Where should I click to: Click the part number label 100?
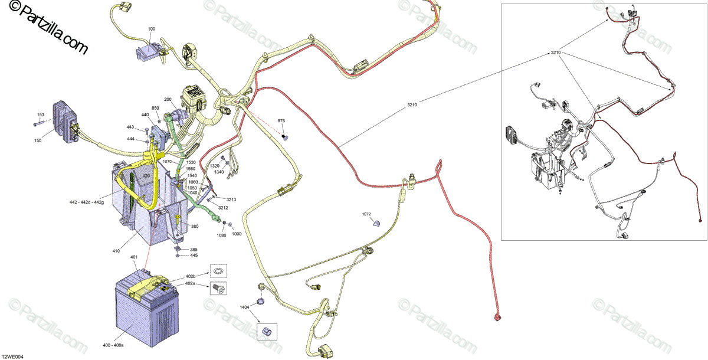tap(152, 28)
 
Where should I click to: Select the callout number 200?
tap(168, 99)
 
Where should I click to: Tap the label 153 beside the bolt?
tap(41, 114)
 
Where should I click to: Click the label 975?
tap(281, 120)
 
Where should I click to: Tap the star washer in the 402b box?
tap(218, 271)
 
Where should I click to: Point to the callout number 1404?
tap(244, 307)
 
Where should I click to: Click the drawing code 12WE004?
tap(12, 356)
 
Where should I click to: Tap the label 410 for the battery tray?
tap(116, 251)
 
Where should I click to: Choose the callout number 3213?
tap(231, 200)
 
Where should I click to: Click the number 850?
tap(155, 108)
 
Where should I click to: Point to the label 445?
tap(194, 256)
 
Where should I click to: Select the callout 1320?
tap(215, 166)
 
